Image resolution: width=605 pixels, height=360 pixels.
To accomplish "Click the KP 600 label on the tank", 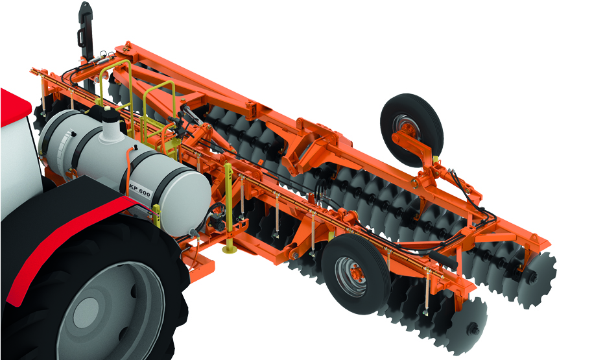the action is (x=140, y=188).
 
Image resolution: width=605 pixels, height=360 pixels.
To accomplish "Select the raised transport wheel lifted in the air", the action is (x=412, y=130).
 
